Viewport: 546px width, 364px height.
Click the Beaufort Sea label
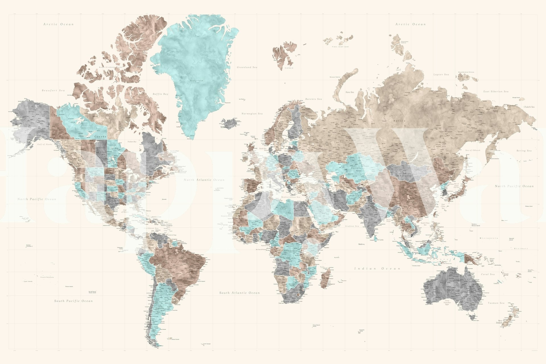coord(53,90)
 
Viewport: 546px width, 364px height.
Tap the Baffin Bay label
coord(160,94)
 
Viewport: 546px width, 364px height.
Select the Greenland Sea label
coord(247,67)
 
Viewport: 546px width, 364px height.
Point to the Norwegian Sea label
coord(252,114)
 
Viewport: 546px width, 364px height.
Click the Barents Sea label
coord(314,99)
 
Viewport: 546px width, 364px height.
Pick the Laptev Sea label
coord(441,75)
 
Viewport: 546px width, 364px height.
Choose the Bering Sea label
coord(524,151)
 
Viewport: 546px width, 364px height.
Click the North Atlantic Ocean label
coord(204,180)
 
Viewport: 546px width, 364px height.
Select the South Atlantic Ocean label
coord(240,293)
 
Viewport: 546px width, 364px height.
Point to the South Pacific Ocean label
coord(73,301)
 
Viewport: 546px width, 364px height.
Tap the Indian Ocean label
coord(377,268)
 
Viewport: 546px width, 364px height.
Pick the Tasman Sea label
coord(496,303)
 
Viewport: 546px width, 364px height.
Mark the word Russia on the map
coord(399,121)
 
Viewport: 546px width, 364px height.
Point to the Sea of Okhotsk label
coord(473,150)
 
